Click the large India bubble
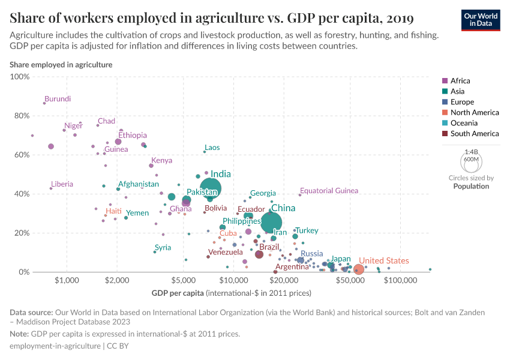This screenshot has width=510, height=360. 210,188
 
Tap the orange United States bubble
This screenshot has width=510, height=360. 358,270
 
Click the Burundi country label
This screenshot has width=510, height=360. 58,99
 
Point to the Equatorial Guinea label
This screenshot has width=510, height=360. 329,191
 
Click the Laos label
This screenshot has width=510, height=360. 212,148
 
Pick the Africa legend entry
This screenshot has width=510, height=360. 460,80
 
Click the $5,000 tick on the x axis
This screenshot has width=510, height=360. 182,280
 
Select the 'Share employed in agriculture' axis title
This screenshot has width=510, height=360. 61,65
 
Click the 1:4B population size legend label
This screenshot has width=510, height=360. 471,152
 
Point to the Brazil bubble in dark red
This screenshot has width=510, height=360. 259,254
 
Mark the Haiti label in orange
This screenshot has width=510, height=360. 113,211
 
